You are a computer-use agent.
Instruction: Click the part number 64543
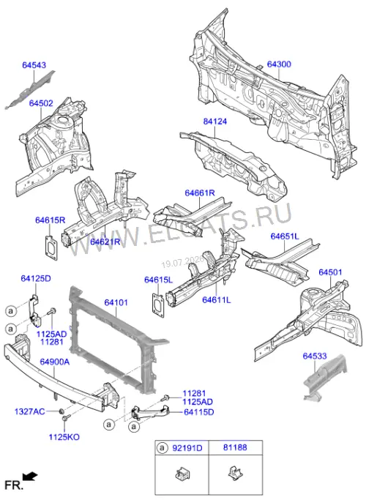(x=34, y=65)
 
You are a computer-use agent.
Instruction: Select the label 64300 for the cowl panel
(x=279, y=64)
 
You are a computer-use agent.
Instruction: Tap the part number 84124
(x=215, y=122)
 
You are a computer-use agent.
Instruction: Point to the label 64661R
(x=200, y=193)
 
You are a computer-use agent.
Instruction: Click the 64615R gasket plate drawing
(x=51, y=248)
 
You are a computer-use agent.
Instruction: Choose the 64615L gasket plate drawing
(x=159, y=305)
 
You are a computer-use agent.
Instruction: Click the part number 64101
(x=116, y=302)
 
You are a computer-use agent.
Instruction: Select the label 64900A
(x=55, y=362)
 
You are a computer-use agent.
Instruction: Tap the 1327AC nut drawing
(x=61, y=411)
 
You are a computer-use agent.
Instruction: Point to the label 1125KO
(x=64, y=437)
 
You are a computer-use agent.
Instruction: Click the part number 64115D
(x=199, y=412)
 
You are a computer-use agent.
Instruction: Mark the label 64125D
(x=36, y=278)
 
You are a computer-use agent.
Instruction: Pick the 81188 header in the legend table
(x=235, y=448)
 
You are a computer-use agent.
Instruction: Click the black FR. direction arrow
(x=31, y=477)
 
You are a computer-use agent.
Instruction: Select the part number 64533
(x=315, y=356)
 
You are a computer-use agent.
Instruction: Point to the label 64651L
(x=285, y=236)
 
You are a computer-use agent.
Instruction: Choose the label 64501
(x=330, y=272)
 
